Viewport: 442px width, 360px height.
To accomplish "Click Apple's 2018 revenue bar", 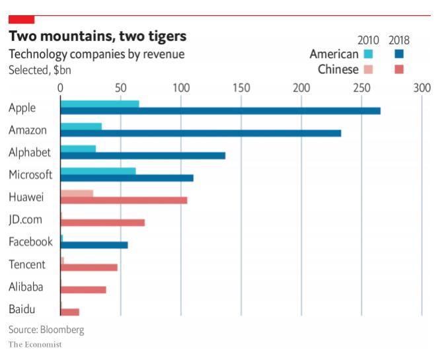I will [220, 111].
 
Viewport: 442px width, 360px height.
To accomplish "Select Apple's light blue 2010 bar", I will [100, 104].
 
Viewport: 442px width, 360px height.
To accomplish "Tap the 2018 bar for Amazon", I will [201, 133].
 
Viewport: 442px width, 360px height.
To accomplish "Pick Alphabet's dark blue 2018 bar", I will [143, 156].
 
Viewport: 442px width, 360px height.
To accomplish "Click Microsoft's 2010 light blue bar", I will [98, 171].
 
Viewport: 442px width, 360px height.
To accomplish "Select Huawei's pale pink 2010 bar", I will [77, 194].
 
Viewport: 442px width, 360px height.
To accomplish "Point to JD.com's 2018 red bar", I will [102, 223].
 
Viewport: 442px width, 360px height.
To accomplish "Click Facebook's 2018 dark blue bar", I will [94, 245].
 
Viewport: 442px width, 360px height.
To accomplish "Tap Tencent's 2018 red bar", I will [89, 268].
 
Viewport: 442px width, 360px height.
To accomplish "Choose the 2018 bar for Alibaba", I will [83, 290].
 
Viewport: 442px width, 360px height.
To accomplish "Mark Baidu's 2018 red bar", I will [70, 312].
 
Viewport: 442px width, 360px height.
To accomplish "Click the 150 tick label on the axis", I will [241, 87].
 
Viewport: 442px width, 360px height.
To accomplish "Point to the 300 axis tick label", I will [422, 87].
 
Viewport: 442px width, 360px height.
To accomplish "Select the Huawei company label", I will [26, 197].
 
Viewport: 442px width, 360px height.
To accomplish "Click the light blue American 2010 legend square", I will [369, 54].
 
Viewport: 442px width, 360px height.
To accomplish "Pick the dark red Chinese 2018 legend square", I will [398, 69].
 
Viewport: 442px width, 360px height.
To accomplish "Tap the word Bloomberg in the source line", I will [62, 329].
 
